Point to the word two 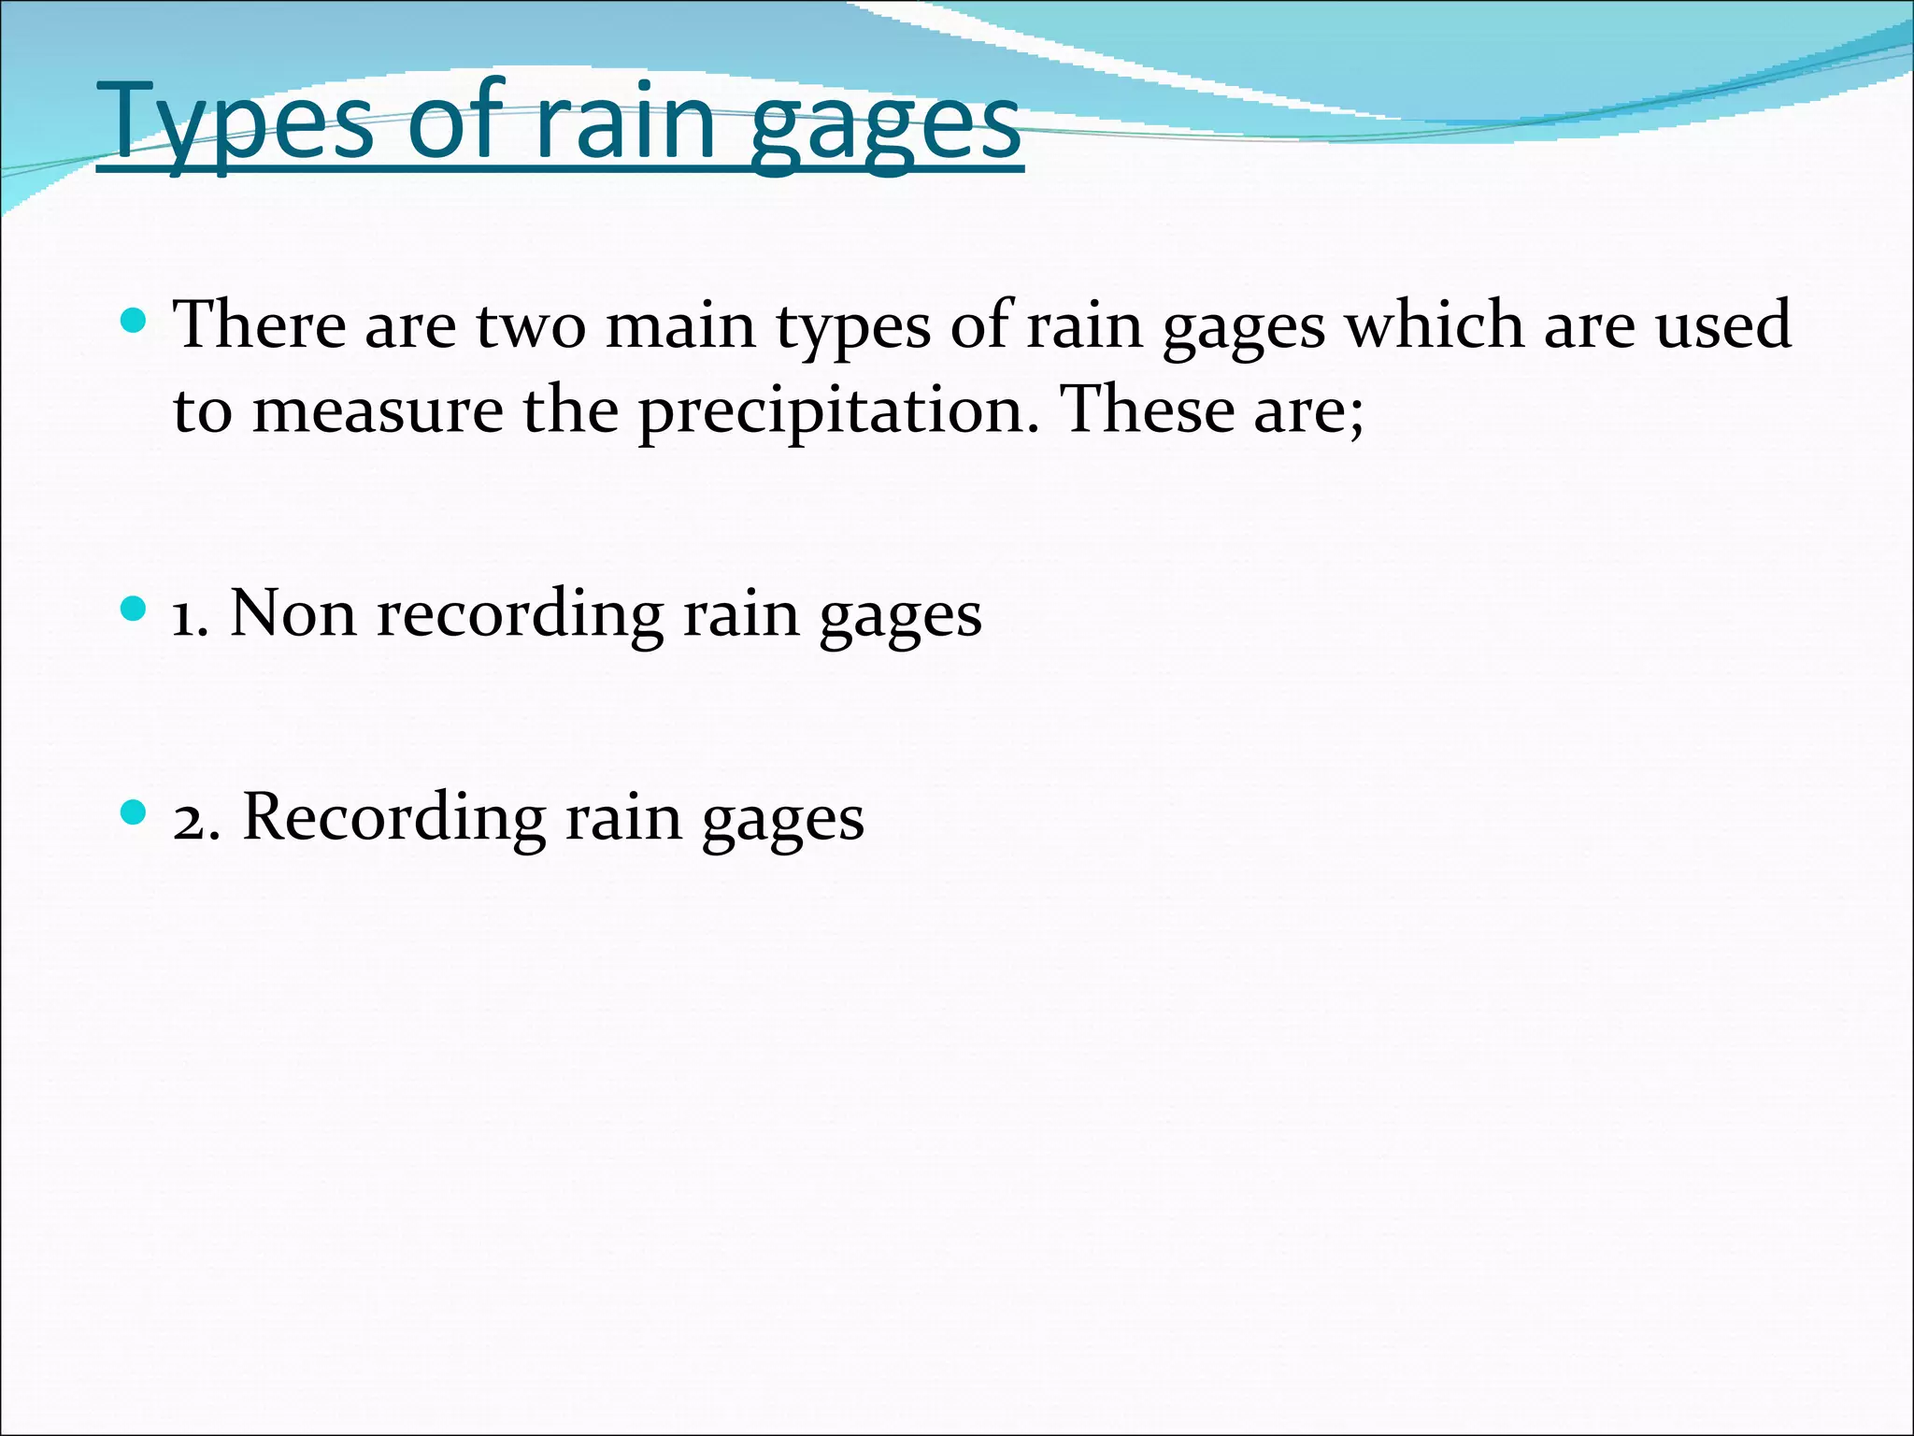(531, 325)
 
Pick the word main (680, 325)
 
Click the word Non (293, 614)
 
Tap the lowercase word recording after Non (520, 616)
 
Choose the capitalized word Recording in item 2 (393, 818)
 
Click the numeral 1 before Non (184, 616)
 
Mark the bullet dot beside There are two (135, 323)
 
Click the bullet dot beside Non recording (135, 610)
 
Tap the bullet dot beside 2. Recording (135, 813)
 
